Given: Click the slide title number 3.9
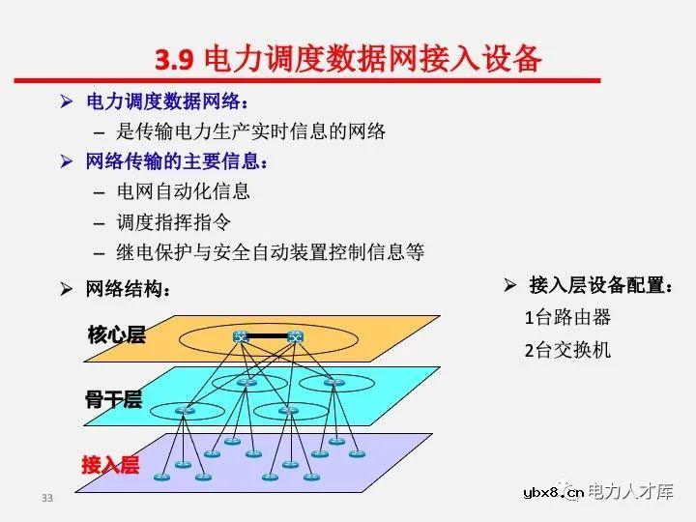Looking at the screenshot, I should point(175,59).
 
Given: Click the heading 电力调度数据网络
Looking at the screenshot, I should point(167,102).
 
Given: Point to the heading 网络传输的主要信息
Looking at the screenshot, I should point(177,161).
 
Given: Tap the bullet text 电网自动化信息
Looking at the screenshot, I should point(184,191).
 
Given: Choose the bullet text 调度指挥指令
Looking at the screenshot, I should point(174,221).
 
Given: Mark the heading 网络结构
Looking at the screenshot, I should point(129,288).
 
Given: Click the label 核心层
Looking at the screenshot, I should point(116,335).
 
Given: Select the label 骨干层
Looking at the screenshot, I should point(114,399).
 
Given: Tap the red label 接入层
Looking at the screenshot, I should point(110,465).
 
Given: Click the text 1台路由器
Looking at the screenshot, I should point(568,318).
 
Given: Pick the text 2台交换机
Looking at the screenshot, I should point(568,350).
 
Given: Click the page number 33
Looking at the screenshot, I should point(47,499).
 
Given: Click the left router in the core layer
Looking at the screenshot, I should point(242,337).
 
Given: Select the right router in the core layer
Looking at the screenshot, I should point(295,337).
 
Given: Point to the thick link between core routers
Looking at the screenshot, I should point(268,337).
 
